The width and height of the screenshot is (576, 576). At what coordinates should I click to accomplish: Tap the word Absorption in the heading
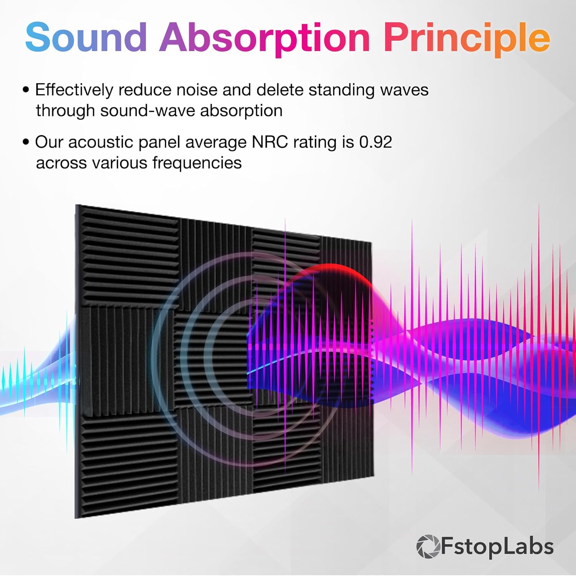[265, 38]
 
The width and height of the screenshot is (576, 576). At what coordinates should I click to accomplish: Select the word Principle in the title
[467, 38]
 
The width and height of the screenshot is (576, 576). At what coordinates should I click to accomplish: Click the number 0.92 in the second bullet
[375, 142]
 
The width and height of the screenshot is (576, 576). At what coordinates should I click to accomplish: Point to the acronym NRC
[270, 142]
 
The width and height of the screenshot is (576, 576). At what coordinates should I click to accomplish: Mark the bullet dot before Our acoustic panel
[26, 142]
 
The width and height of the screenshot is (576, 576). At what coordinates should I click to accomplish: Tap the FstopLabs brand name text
[497, 546]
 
